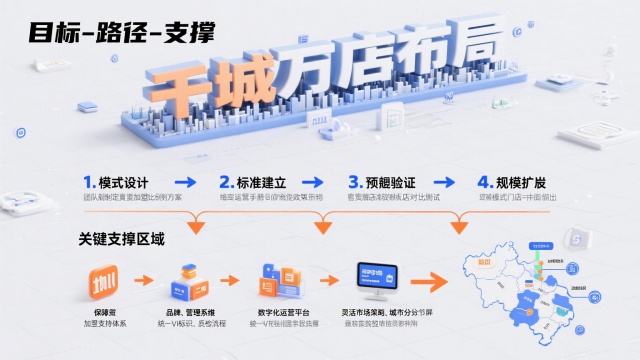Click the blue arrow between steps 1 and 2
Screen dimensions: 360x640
click(184, 182)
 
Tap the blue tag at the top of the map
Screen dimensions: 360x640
click(541, 244)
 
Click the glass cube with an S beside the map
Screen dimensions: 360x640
click(575, 238)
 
